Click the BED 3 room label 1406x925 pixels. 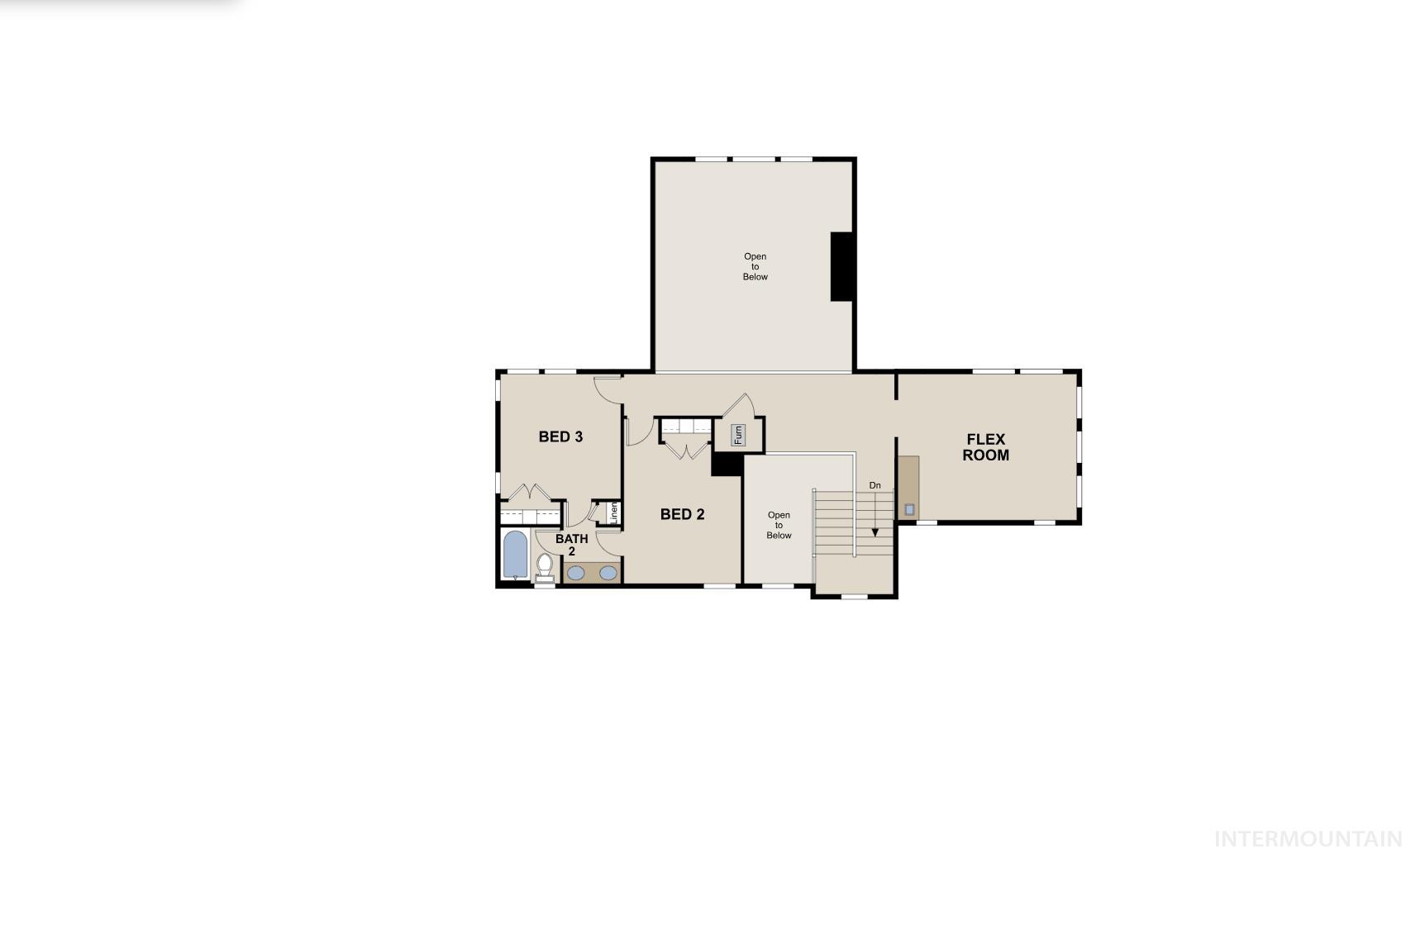point(560,436)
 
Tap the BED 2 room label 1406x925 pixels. point(682,514)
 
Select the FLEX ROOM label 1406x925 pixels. point(985,447)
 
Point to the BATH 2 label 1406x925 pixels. point(571,545)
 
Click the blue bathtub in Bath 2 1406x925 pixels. point(515,554)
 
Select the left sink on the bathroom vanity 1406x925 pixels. point(575,572)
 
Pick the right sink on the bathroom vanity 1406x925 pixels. point(608,572)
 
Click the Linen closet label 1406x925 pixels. point(613,513)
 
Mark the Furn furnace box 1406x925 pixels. point(738,434)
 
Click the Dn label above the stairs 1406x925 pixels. point(875,485)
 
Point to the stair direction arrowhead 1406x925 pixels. point(875,532)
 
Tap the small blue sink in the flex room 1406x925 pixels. point(909,509)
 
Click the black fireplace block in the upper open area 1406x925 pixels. point(841,266)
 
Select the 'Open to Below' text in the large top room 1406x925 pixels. point(755,266)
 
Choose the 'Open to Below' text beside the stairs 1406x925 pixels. point(779,525)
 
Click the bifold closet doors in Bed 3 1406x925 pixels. point(529,493)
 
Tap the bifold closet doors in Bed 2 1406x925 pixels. point(686,451)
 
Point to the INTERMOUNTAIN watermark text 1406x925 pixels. point(1308,839)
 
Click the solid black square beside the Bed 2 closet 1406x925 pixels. point(727,464)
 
